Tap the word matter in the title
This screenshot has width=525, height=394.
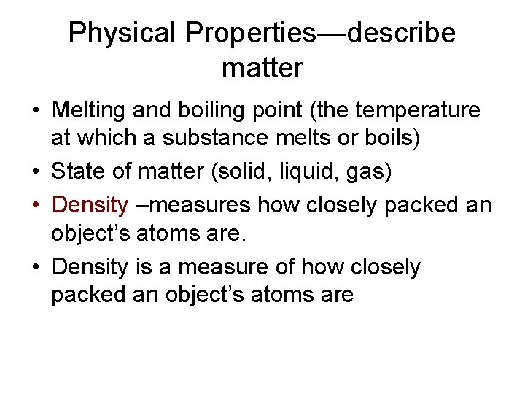262,69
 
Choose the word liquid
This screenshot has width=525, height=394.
316,172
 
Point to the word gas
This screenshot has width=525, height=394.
371,172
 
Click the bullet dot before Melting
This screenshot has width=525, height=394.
34,112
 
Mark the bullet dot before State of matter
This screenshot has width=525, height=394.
34,173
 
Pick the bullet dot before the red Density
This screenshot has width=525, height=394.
34,206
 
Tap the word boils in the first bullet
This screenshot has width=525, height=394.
394,139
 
